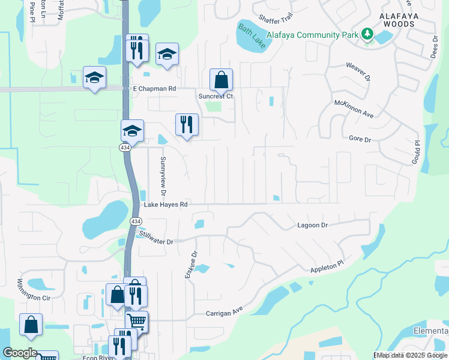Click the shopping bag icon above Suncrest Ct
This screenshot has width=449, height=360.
pyautogui.click(x=221, y=80)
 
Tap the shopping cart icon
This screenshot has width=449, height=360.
pyautogui.click(x=137, y=322)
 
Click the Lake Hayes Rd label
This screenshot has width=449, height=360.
pyautogui.click(x=166, y=205)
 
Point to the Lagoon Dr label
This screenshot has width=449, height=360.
pyautogui.click(x=312, y=225)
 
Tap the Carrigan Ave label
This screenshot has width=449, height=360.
pyautogui.click(x=224, y=313)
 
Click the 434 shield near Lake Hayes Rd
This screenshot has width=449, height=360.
pyautogui.click(x=135, y=221)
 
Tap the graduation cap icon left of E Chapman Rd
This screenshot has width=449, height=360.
pyautogui.click(x=94, y=77)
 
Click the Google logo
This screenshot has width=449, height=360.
pyautogui.click(x=20, y=353)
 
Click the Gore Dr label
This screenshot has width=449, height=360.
pyautogui.click(x=360, y=139)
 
